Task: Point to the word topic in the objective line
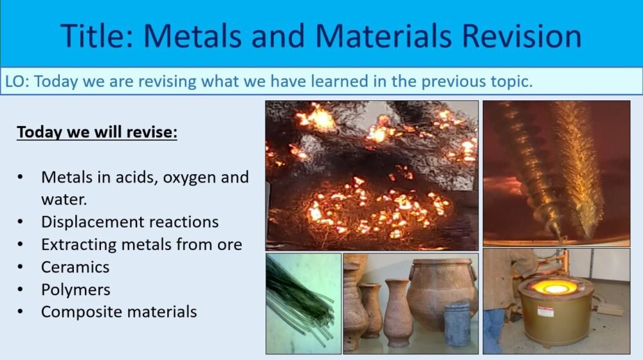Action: [509, 82]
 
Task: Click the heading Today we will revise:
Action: [96, 132]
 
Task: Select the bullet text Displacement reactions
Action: [130, 222]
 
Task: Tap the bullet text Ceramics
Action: [75, 267]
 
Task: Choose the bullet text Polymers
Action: [76, 289]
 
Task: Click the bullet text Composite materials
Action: [119, 312]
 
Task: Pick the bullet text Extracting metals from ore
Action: [141, 244]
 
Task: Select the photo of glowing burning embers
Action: [372, 175]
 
